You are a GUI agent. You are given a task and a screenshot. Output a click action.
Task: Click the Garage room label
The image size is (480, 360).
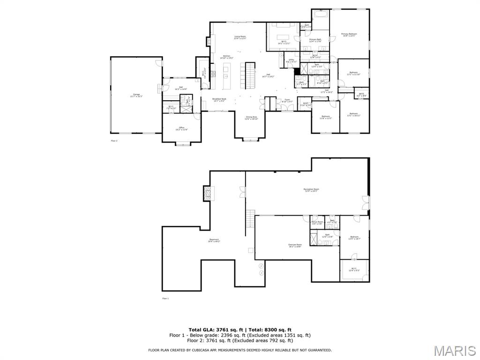click(136, 95)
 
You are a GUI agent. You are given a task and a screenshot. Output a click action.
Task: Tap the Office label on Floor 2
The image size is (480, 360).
click(182, 128)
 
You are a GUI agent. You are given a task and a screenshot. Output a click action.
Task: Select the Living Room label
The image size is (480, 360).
click(240, 37)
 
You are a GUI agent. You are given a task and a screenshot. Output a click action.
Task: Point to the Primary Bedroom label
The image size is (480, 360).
click(349, 34)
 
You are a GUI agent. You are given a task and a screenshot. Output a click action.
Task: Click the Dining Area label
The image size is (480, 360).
click(251, 118)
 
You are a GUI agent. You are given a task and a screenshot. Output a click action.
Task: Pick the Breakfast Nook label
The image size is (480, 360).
click(219, 99)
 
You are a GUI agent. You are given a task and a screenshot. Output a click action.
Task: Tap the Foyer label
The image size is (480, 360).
click(287, 100)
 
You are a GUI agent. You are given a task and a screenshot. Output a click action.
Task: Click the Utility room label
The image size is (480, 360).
click(291, 60)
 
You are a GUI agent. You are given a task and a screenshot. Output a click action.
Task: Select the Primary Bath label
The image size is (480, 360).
click(315, 40)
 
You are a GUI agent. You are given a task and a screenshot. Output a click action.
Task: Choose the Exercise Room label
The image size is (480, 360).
click(295, 245)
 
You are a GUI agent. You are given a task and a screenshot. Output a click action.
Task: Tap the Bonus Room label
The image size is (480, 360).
click(317, 222)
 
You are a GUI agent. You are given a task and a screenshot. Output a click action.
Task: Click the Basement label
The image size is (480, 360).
click(214, 240)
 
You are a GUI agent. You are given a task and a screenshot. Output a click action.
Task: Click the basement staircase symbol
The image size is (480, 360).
click(250, 222)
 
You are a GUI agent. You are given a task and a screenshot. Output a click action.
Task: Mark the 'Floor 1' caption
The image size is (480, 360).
click(165, 298)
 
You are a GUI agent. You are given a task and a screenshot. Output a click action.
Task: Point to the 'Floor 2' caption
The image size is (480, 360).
click(114, 140)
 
